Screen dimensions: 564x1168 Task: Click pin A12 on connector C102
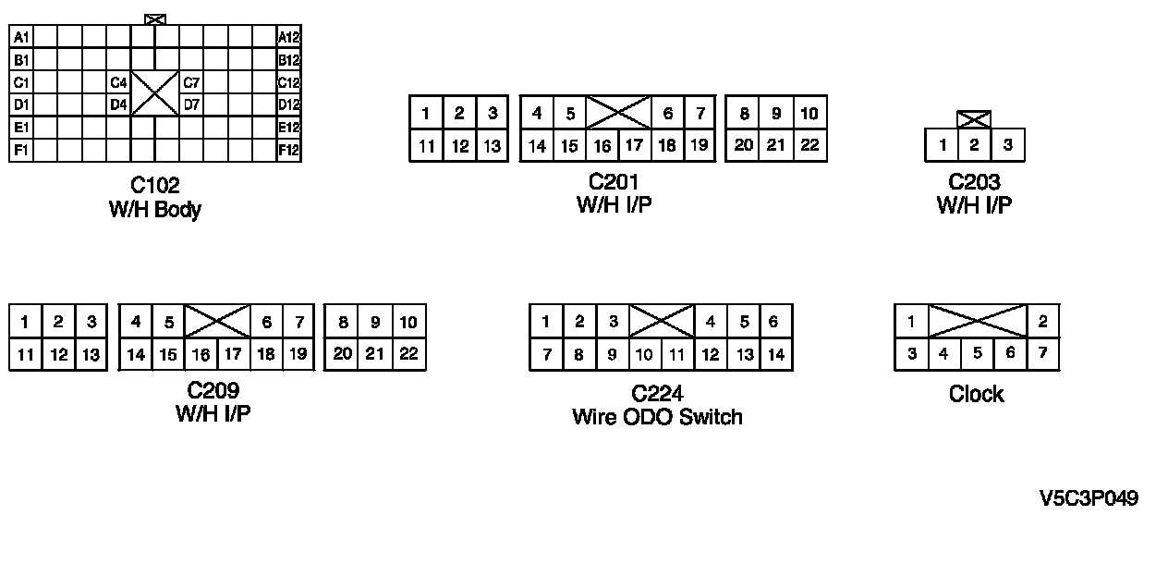pyautogui.click(x=289, y=37)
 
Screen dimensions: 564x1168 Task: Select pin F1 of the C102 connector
pyautogui.click(x=21, y=150)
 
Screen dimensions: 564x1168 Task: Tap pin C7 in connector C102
pyautogui.click(x=191, y=82)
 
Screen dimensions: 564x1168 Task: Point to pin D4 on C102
pyautogui.click(x=118, y=104)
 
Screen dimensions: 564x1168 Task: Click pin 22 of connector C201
pyautogui.click(x=809, y=145)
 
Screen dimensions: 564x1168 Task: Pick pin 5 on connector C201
pyautogui.click(x=570, y=114)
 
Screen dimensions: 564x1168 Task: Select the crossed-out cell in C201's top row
pyautogui.click(x=618, y=114)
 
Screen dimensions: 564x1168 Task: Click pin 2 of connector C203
pyautogui.click(x=974, y=145)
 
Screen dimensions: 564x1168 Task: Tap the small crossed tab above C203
pyautogui.click(x=974, y=119)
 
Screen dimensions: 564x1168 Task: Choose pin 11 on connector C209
pyautogui.click(x=25, y=354)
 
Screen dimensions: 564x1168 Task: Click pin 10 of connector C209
pyautogui.click(x=408, y=323)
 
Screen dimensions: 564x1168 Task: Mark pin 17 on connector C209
pyautogui.click(x=233, y=354)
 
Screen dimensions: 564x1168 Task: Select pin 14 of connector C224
pyautogui.click(x=775, y=354)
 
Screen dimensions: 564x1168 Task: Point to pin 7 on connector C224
pyautogui.click(x=546, y=354)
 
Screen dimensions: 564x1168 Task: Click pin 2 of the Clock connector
pyautogui.click(x=1042, y=322)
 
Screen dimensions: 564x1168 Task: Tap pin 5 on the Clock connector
pyautogui.click(x=977, y=353)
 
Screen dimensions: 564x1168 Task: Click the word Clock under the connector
pyautogui.click(x=976, y=395)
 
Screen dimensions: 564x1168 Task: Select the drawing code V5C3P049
pyautogui.click(x=1089, y=499)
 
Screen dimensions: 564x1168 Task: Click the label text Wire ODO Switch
pyautogui.click(x=657, y=417)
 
